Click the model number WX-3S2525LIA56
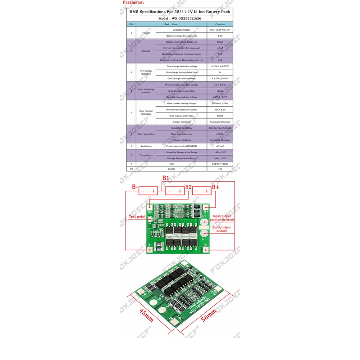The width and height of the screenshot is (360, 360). tap(180, 18)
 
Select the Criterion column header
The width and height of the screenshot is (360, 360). tap(220, 24)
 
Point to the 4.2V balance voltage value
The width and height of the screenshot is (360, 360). tap(220, 36)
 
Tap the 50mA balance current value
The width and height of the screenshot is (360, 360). tap(220, 42)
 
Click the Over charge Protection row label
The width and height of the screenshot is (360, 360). tap(146, 72)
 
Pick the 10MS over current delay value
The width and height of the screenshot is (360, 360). tap(220, 116)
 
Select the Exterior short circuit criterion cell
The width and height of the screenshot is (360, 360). tap(220, 128)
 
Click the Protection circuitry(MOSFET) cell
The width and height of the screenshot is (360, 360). tap(181, 146)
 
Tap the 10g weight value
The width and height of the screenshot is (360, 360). tap(220, 169)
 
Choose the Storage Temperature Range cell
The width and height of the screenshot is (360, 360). tap(181, 158)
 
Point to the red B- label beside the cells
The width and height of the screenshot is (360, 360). tap(134, 187)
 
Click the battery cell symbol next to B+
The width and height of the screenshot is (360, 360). tap(202, 191)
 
